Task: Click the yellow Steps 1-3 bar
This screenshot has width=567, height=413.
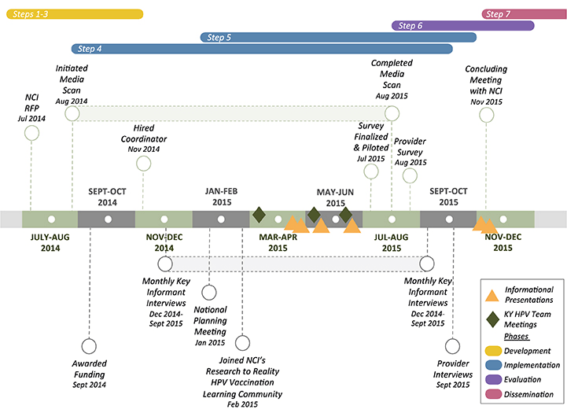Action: point(75,14)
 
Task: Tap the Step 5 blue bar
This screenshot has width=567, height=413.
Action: point(337,37)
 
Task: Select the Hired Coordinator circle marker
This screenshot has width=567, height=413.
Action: point(143,163)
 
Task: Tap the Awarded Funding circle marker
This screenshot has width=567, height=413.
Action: point(89,346)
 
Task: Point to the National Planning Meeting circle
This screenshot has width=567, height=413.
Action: point(209,293)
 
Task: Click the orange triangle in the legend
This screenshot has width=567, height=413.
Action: point(492,295)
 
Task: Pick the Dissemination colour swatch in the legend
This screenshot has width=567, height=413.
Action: point(493,393)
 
